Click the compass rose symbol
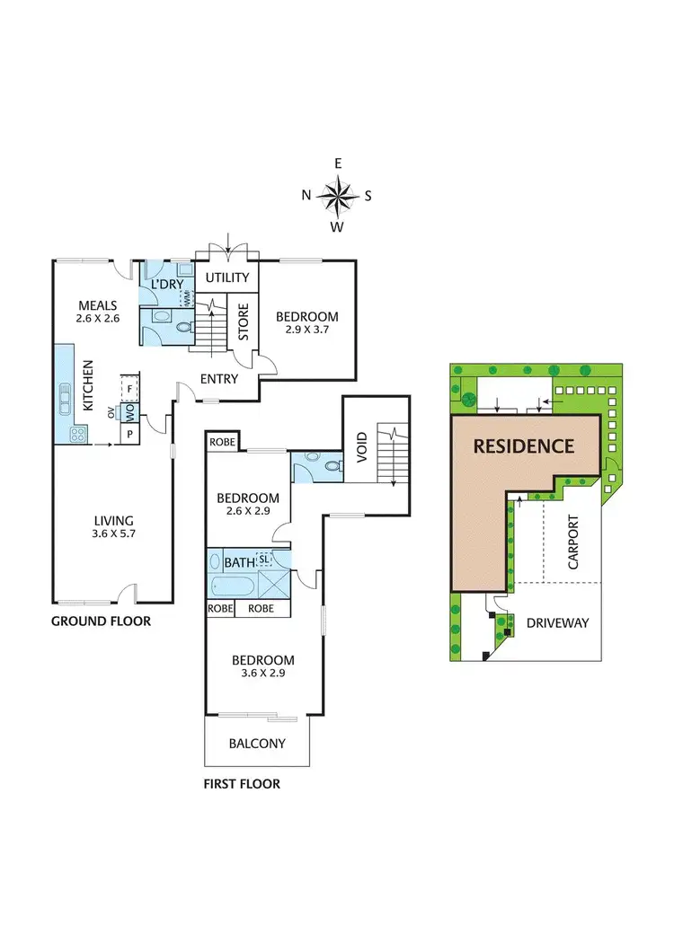coord(338,195)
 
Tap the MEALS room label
coord(97,304)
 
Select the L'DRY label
coord(167,285)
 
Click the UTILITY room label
coord(227,278)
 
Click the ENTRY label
coord(219,379)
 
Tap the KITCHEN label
coord(88,385)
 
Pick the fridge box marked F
coord(130,387)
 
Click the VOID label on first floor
coord(361,445)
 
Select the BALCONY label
coord(257,744)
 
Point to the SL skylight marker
coord(264,560)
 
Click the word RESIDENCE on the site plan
coord(524,445)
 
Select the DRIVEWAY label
coord(557,622)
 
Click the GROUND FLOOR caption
coord(101,621)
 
